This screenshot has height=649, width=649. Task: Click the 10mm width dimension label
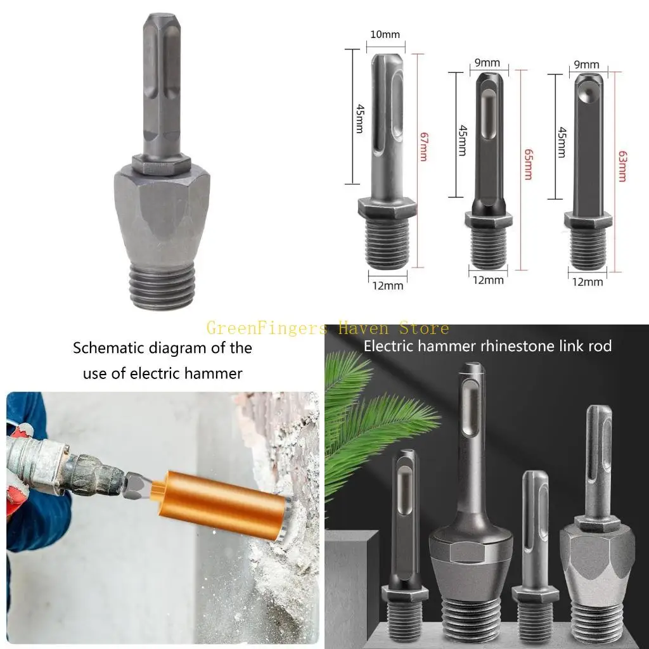click(x=385, y=34)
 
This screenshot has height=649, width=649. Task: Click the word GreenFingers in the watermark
click(x=266, y=328)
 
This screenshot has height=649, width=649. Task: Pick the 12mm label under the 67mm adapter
click(x=388, y=285)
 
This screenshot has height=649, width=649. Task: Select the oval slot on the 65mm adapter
click(x=490, y=114)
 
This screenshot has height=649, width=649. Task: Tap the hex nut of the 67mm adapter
click(x=387, y=208)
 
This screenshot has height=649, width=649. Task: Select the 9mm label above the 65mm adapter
click(x=487, y=63)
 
